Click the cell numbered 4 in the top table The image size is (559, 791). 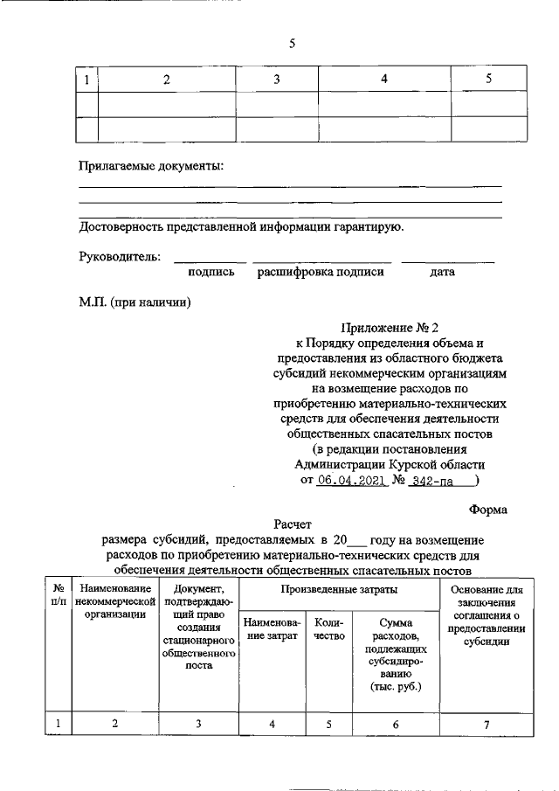pos(383,80)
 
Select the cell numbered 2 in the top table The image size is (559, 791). pos(167,80)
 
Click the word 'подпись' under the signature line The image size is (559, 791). pos(211,273)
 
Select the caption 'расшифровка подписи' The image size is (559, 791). pos(321,273)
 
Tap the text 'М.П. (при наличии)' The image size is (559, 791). pos(135,302)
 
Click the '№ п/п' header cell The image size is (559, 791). pos(58,594)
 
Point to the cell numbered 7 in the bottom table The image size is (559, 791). pos(487,724)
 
